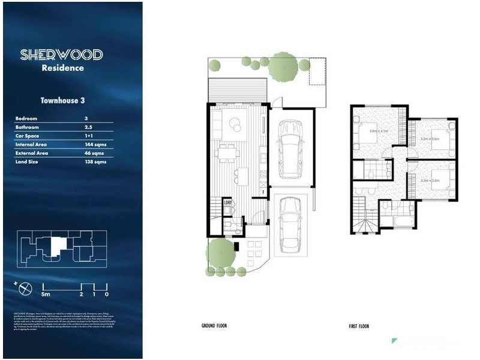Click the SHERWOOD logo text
tap(61, 55)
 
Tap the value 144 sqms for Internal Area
tap(96, 145)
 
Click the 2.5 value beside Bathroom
tap(89, 127)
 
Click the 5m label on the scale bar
tap(46, 295)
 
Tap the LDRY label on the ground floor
tap(228, 202)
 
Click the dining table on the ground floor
tap(227, 153)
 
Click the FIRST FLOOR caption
tap(359, 326)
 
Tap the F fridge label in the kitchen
tap(263, 192)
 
